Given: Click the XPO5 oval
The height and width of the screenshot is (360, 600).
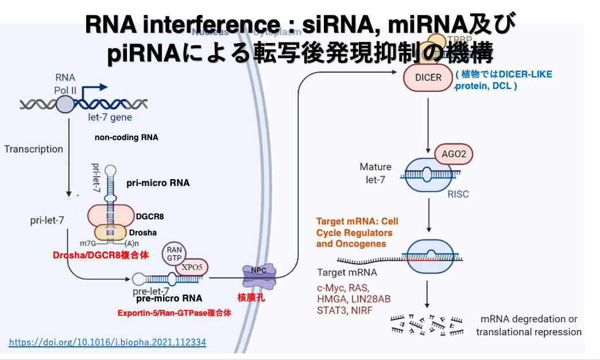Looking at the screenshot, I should pyautogui.click(x=192, y=267).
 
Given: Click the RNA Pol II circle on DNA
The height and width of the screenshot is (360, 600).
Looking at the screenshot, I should pyautogui.click(x=65, y=104).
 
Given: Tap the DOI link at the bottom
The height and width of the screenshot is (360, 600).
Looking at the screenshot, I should pyautogui.click(x=107, y=343).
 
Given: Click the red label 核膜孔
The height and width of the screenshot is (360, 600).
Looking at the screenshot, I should pyautogui.click(x=251, y=297).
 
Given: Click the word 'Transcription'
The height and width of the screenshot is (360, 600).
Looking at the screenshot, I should pyautogui.click(x=33, y=149).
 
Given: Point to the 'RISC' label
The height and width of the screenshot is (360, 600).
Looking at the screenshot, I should pyautogui.click(x=458, y=194).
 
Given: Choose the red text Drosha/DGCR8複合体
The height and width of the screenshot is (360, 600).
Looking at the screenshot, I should pyautogui.click(x=100, y=255).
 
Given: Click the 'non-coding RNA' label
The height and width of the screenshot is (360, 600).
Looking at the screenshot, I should pyautogui.click(x=126, y=138).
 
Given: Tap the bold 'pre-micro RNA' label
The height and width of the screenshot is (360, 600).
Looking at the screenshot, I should pyautogui.click(x=169, y=299).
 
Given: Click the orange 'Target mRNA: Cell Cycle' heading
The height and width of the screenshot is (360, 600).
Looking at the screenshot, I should pyautogui.click(x=357, y=222).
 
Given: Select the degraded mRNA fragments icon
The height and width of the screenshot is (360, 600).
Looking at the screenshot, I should pyautogui.click(x=425, y=326).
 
